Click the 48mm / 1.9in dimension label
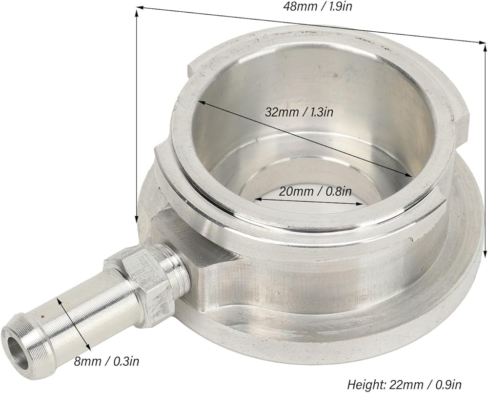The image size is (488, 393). click(317, 6)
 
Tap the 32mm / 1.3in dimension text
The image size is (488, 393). click(299, 112)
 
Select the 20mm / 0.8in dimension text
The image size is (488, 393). click(315, 191)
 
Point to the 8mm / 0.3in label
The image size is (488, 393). click(106, 362)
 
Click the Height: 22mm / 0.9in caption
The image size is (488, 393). click(404, 385)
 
